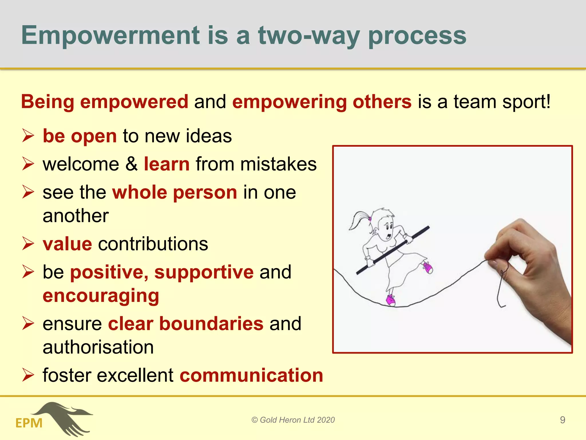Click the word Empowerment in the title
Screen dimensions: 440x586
(110, 36)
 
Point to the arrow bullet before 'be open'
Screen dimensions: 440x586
(28, 135)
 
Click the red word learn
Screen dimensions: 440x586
(167, 164)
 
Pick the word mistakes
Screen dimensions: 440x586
(278, 164)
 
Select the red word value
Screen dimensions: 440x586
(68, 244)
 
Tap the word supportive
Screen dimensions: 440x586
(204, 272)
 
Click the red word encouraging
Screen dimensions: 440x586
(101, 296)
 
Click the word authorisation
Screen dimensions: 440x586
(98, 347)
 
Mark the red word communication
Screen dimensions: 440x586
(251, 375)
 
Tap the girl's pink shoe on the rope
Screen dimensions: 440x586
(391, 300)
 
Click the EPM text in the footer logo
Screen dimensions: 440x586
(29, 423)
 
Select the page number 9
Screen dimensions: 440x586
(562, 420)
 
